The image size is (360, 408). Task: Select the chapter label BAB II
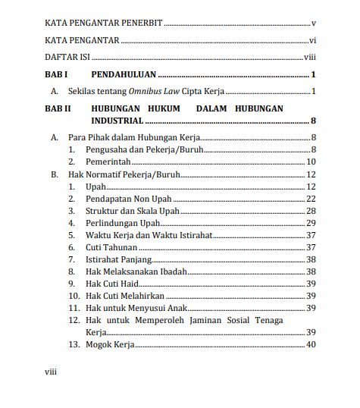(58, 108)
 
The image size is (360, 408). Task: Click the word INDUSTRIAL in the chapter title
(117, 121)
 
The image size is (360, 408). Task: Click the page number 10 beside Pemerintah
(310, 162)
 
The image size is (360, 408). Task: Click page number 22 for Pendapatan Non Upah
(310, 198)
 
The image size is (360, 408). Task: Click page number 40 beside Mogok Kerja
(310, 345)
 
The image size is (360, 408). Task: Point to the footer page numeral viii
(52, 374)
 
